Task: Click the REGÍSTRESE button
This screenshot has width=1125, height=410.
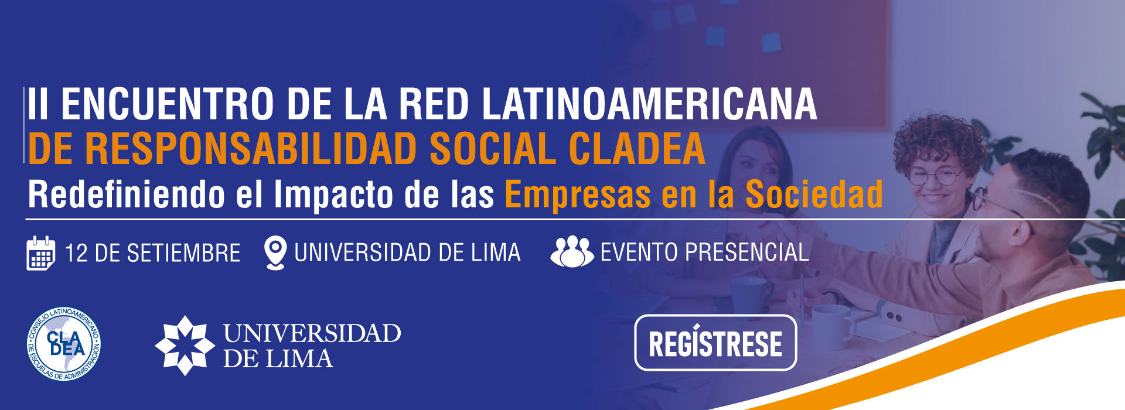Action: [x=715, y=343]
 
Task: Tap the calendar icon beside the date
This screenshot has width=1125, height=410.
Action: [x=40, y=253]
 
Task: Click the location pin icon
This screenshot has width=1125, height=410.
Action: [x=275, y=252]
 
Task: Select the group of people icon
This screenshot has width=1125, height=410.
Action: [x=572, y=252]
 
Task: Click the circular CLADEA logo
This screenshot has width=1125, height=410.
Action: [x=63, y=344]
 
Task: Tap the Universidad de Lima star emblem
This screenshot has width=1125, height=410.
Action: [x=185, y=346]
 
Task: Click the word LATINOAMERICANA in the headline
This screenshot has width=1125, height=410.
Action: [x=649, y=104]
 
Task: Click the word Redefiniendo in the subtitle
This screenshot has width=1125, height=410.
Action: [x=127, y=194]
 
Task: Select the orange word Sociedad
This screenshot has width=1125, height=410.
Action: [x=814, y=194]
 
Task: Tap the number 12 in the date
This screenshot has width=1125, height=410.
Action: [x=76, y=253]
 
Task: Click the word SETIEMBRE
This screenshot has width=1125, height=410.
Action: [x=183, y=253]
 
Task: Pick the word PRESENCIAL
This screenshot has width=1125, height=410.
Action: [x=747, y=252]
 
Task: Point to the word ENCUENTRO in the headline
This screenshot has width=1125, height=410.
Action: [x=168, y=104]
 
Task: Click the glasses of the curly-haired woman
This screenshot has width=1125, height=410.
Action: [x=936, y=176]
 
